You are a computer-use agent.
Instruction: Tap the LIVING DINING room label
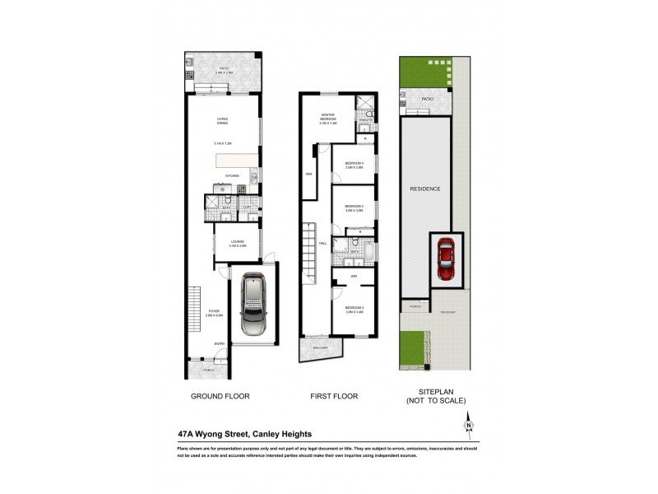click(x=222, y=122)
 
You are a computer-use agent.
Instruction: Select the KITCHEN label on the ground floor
click(x=232, y=175)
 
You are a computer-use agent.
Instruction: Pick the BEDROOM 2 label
click(x=354, y=207)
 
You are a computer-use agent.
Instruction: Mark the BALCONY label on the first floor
click(x=320, y=348)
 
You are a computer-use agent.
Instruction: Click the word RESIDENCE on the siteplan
click(x=426, y=189)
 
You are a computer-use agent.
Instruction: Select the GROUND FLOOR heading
click(x=221, y=396)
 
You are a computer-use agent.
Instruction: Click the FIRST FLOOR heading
click(x=333, y=396)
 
